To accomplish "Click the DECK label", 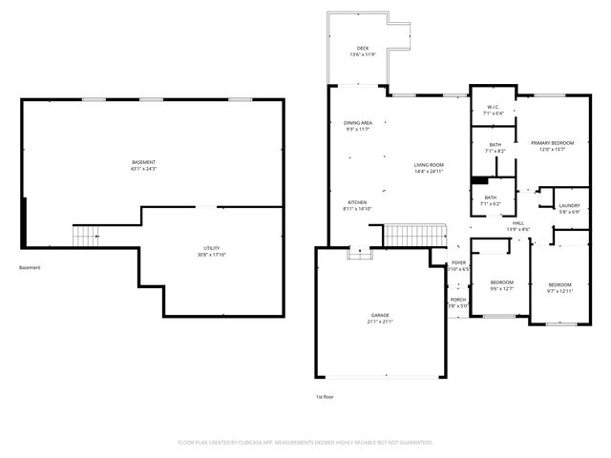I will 363,48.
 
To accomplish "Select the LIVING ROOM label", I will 430,166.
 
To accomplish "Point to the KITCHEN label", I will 357,202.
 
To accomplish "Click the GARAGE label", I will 380,315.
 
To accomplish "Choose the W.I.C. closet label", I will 494,107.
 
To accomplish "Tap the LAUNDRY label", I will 570,205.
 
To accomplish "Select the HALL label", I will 517,224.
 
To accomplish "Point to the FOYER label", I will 458,262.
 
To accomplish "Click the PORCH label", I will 458,300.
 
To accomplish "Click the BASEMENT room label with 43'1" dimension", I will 143,162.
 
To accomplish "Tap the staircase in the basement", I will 86,234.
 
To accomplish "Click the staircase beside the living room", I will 415,235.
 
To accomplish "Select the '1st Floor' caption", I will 326,396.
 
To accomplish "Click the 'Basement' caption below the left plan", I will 30,267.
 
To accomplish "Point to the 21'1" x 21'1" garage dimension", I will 380,322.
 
